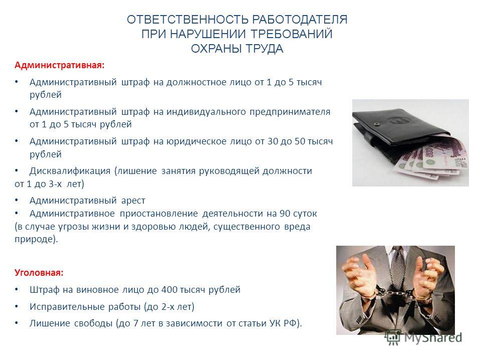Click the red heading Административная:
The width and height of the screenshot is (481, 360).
coord(60,65)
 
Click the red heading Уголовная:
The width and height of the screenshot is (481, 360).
coord(39,273)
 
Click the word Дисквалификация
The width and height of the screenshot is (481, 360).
coord(70,171)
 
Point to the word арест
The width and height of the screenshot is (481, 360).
coord(133,201)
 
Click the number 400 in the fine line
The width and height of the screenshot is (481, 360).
coord(169,289)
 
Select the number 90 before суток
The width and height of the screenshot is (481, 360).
coord(285,213)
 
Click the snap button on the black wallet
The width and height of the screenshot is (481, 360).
coord(376,124)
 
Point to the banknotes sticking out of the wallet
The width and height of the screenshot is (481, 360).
coord(435,159)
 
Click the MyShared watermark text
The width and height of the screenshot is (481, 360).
coord(433,337)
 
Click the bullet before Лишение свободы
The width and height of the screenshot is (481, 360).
coord(17,323)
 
